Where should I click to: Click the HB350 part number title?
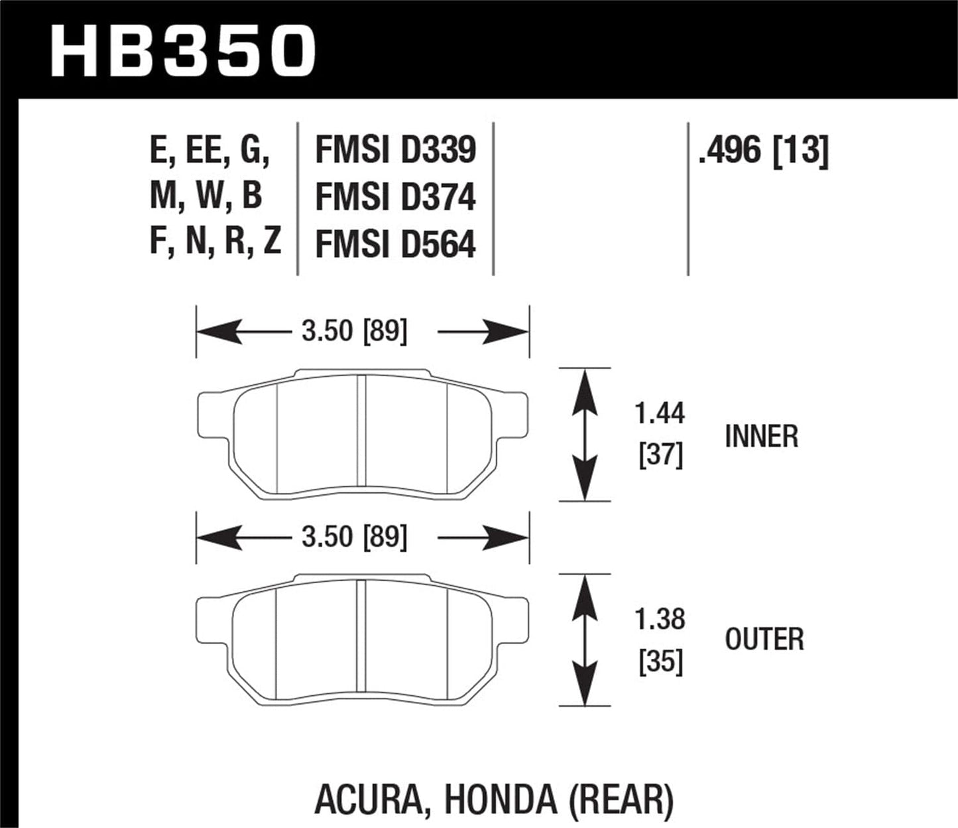182,50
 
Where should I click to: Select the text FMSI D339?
395,150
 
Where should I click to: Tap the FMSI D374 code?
395,197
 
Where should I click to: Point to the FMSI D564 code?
395,244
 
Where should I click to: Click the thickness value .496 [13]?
762,151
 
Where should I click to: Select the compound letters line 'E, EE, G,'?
210,150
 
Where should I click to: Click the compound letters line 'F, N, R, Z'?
215,241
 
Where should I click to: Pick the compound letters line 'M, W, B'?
206,196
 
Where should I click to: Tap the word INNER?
761,437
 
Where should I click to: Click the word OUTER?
764,640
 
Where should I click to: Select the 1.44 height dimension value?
660,413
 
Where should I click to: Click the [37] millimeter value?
660,456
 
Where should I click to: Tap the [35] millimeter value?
660,661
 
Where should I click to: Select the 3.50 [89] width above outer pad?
354,537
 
